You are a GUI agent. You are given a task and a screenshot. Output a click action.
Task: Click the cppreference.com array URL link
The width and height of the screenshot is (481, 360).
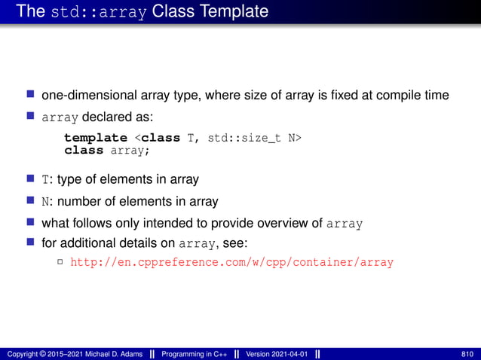pos(231,263)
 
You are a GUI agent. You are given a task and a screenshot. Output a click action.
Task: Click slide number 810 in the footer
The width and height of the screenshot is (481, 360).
pos(467,354)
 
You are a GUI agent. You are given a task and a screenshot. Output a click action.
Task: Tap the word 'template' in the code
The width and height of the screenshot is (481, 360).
pos(96,138)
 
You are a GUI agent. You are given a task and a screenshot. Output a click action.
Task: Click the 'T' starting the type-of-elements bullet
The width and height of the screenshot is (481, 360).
pos(44,179)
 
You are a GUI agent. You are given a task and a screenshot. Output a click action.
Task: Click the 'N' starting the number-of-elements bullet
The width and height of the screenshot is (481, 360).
pos(44,202)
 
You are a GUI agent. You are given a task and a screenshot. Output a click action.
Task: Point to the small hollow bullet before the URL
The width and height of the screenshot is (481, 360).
pos(60,263)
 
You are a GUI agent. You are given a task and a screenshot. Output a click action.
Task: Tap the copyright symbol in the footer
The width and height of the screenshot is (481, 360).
pos(41,354)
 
